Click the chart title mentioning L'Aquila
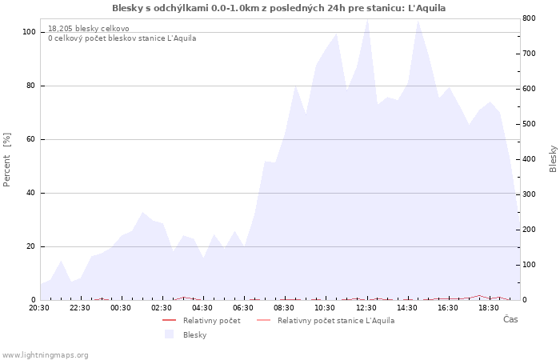point(278,8)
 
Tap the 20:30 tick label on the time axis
point(39,308)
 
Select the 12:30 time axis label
point(366,308)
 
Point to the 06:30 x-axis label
point(243,308)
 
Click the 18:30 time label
point(489,308)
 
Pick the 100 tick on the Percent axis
point(30,32)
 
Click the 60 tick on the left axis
point(30,139)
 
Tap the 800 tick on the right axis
point(529,18)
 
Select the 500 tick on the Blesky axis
point(529,124)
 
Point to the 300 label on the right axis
point(529,194)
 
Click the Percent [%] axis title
point(6,159)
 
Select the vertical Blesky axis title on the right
point(553,159)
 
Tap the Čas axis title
point(510,319)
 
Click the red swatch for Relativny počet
point(170,320)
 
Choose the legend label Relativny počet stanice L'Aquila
point(336,321)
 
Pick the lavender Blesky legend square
point(170,334)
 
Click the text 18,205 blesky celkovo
point(89,29)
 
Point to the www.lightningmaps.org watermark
point(45,355)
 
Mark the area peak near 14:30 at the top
point(418,20)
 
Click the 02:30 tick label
point(162,308)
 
